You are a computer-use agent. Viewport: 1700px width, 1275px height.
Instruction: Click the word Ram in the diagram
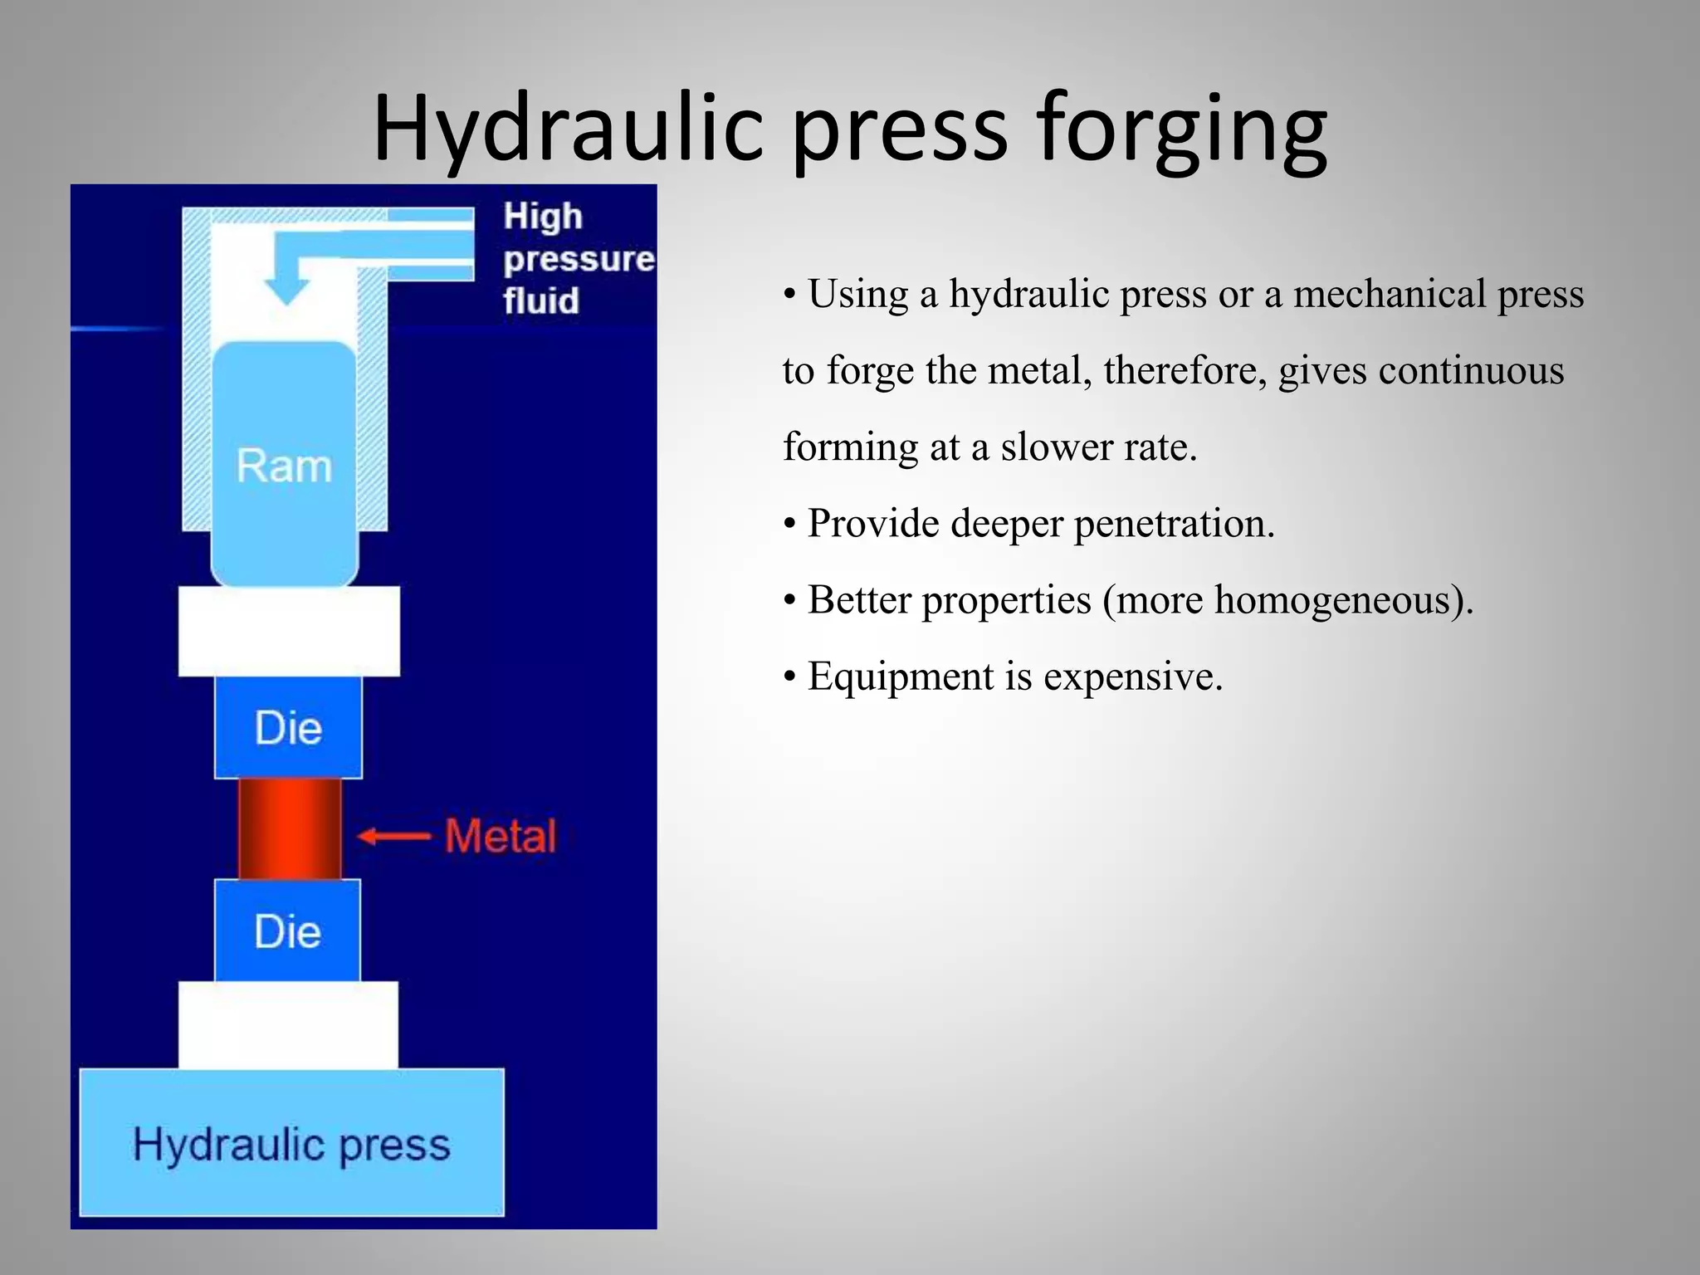[x=284, y=466]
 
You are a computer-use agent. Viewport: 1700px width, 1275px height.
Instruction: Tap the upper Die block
[x=288, y=728]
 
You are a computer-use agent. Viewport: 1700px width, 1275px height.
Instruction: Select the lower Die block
[x=287, y=931]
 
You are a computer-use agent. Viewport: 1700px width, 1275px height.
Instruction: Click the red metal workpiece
[x=290, y=828]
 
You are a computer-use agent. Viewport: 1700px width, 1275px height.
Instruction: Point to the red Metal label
[x=501, y=836]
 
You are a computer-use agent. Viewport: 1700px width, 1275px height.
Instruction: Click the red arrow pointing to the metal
[x=393, y=836]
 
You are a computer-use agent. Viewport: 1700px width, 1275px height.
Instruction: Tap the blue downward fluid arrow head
[x=286, y=291]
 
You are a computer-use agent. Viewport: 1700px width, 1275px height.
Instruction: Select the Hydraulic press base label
[x=291, y=1145]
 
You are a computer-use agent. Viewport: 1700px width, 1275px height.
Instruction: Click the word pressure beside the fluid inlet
[x=579, y=259]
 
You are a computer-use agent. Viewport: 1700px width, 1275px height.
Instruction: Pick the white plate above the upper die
[x=289, y=631]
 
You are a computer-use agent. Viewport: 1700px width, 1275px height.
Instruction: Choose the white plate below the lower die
[x=288, y=1024]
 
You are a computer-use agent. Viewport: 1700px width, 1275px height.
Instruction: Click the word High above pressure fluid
[x=543, y=217]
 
